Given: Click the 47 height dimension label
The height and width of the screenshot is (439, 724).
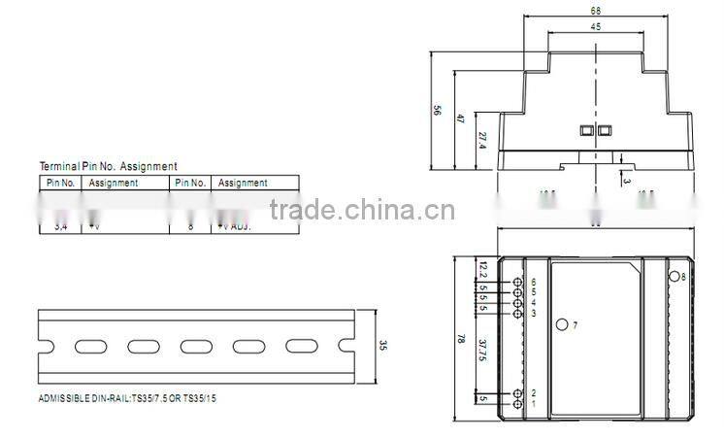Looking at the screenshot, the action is click(460, 118).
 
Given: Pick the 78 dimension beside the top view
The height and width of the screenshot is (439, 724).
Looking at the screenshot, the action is click(460, 341).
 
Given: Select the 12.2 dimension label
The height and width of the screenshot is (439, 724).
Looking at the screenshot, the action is click(482, 267).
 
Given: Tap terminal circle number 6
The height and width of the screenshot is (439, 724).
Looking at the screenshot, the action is click(517, 283).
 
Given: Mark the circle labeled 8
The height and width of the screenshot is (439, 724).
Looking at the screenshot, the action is click(673, 278).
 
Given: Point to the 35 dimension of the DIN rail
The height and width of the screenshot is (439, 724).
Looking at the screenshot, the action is click(383, 345).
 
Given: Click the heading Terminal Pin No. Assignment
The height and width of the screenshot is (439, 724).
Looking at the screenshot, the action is click(108, 167).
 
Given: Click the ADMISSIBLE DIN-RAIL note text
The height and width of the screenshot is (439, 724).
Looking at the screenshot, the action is click(126, 399).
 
